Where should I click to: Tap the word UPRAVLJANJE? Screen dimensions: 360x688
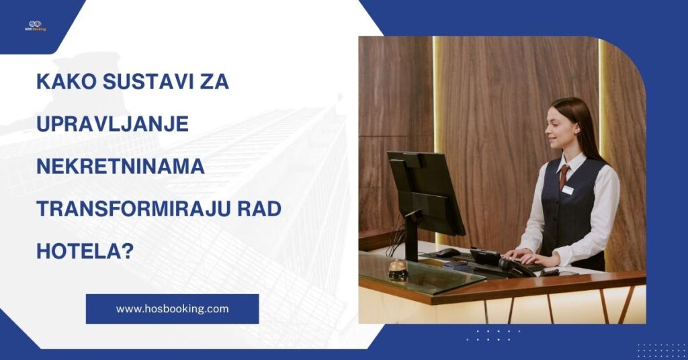pos(112,125)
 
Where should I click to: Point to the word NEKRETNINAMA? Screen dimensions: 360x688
pos(120,167)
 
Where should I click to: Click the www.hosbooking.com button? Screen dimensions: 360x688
pos(172,309)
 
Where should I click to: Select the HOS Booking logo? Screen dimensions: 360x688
pos(35,25)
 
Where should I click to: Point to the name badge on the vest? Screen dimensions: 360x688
pos(567,190)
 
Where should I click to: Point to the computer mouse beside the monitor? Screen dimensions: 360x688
pos(448,253)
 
